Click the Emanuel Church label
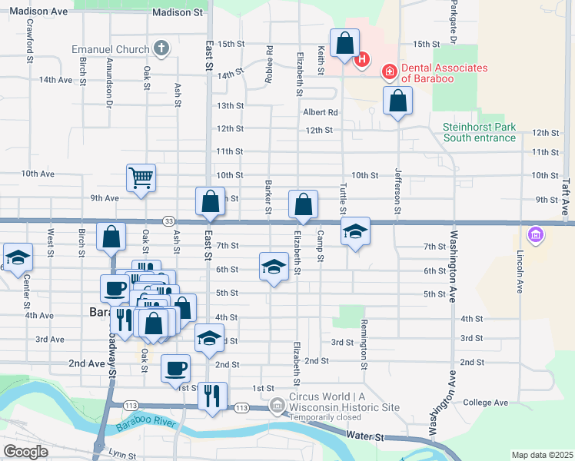[x=111, y=50]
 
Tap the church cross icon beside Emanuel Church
[x=161, y=50]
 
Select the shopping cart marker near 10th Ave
[x=141, y=178]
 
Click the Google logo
[x=25, y=451]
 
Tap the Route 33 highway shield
[x=168, y=221]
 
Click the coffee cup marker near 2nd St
[x=175, y=367]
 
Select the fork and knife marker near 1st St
[x=212, y=396]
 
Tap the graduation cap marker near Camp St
[x=355, y=230]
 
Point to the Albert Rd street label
[x=321, y=112]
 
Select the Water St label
[x=364, y=436]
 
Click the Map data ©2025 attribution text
[x=541, y=455]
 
